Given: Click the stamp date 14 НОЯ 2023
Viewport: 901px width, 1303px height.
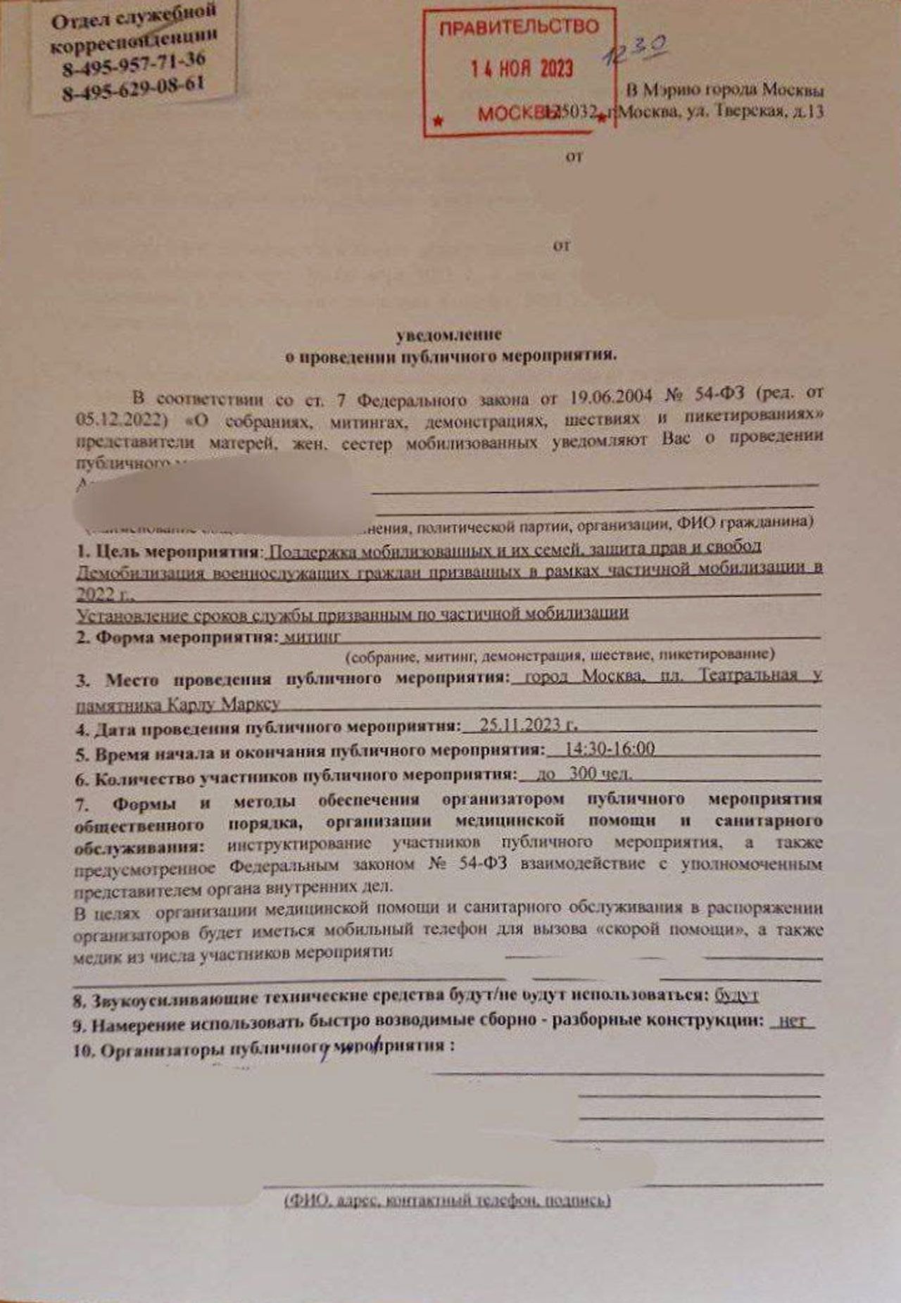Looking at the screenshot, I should point(522,68).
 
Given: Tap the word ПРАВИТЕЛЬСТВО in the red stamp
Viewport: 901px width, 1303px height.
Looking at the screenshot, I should point(519,28).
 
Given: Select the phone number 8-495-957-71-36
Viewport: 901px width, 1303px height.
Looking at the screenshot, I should point(134,64).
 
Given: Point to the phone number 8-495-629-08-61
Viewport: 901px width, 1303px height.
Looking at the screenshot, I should point(134,88).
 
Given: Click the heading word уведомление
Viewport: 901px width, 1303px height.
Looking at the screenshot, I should point(449,334).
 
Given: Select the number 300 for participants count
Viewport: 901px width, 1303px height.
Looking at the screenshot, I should point(584,774).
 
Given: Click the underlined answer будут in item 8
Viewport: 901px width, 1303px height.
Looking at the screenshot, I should point(736,995).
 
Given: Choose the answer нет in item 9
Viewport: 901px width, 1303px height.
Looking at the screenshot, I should point(793,1020).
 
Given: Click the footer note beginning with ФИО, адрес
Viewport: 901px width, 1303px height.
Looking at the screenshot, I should point(448,1200).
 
